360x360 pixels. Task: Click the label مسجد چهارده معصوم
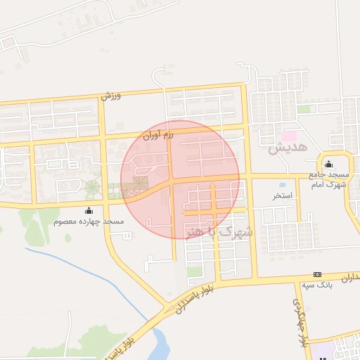click(89, 221)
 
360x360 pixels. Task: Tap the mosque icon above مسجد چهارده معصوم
click(89, 210)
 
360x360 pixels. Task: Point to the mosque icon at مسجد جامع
click(328, 164)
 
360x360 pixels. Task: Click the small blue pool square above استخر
click(282, 184)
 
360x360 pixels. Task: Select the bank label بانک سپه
click(317, 285)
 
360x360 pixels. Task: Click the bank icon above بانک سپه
click(317, 274)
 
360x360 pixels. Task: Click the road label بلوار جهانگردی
click(300, 321)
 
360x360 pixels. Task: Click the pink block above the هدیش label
click(289, 134)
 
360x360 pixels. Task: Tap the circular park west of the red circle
click(92, 188)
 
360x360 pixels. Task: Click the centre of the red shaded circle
click(180, 179)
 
